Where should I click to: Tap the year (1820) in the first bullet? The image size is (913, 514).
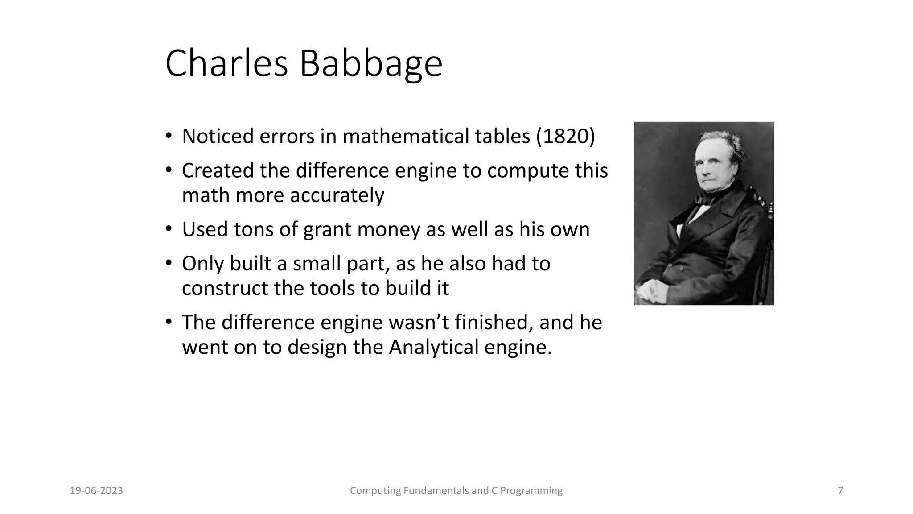(x=565, y=137)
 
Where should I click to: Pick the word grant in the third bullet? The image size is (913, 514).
(x=327, y=230)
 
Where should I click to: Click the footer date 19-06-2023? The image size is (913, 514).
(x=96, y=491)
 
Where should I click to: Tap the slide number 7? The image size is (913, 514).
(x=840, y=491)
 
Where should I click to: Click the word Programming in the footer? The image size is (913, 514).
(x=531, y=491)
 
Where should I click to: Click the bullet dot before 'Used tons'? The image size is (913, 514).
(x=168, y=229)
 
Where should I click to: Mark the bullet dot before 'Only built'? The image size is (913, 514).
(x=168, y=264)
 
